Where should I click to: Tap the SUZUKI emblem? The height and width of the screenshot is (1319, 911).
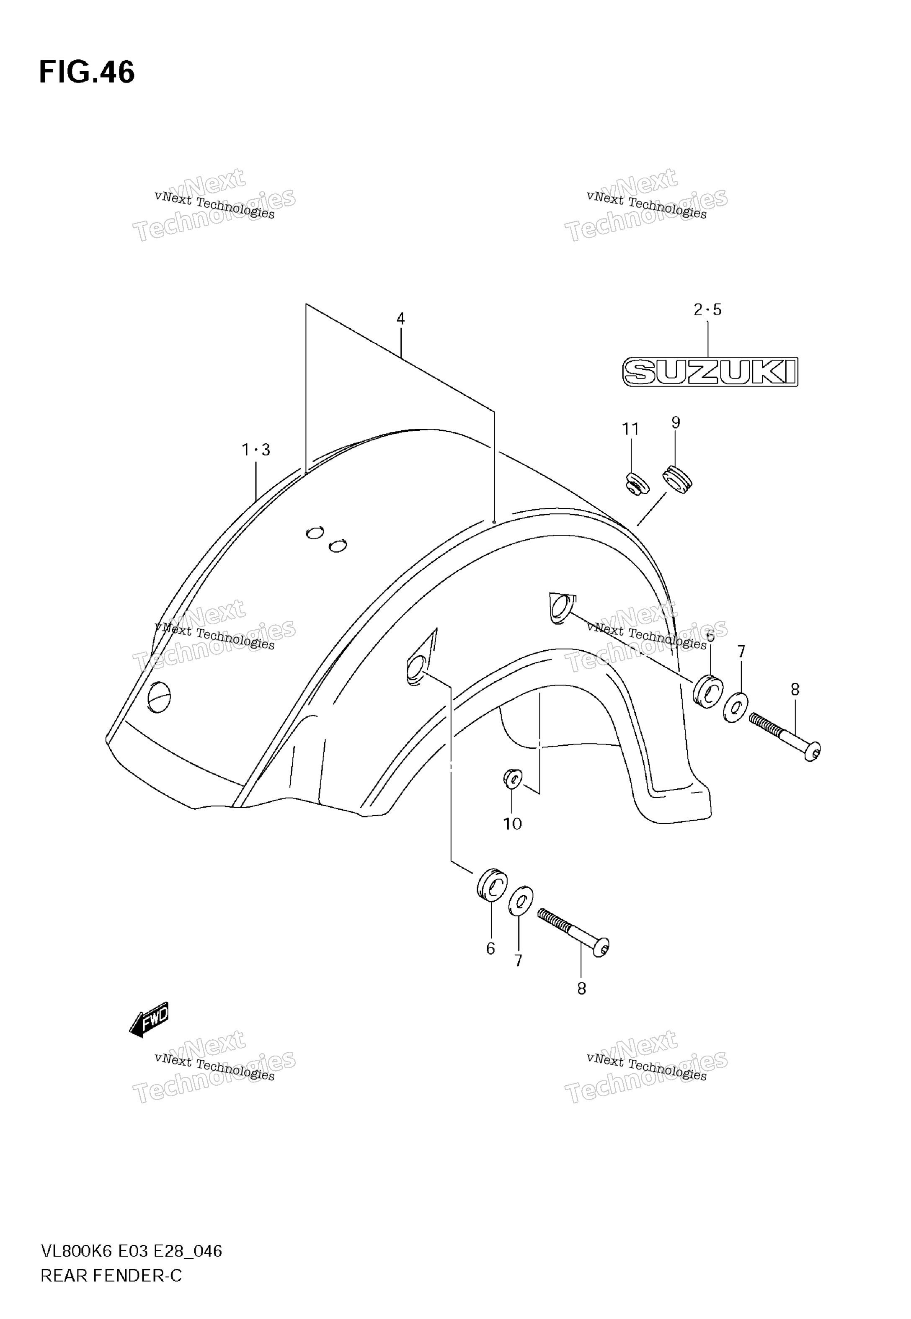[x=710, y=371]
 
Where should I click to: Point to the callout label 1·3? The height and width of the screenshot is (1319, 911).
[x=256, y=450]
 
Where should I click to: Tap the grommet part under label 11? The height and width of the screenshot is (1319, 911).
[x=635, y=484]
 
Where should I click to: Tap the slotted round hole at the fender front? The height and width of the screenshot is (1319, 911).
[x=159, y=697]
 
